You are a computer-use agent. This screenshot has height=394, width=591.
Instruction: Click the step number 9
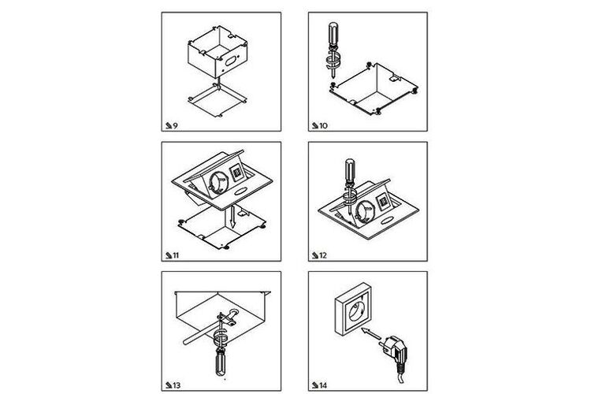click(175, 126)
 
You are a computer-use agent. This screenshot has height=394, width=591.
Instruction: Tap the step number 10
click(323, 126)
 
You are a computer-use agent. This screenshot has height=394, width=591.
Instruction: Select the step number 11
click(175, 255)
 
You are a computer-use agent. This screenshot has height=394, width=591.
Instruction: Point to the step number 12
click(323, 255)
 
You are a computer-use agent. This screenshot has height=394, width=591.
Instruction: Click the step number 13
click(177, 385)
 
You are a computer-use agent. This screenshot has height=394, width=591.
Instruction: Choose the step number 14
click(323, 385)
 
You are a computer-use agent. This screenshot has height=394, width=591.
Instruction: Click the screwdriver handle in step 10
click(333, 35)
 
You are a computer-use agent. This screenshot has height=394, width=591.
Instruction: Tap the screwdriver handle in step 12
click(350, 170)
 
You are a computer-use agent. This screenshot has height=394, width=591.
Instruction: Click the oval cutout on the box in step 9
click(230, 61)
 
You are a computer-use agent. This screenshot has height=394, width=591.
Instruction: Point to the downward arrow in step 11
click(233, 217)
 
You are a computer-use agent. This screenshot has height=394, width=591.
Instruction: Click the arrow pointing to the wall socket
click(371, 333)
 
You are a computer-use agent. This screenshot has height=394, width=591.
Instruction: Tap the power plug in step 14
click(395, 352)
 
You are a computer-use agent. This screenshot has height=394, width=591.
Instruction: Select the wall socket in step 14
click(353, 309)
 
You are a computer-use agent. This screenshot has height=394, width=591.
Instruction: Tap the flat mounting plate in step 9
click(217, 101)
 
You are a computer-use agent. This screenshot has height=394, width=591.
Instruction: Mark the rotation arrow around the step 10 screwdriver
click(333, 61)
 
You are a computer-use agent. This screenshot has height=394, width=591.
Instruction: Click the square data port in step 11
click(237, 173)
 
